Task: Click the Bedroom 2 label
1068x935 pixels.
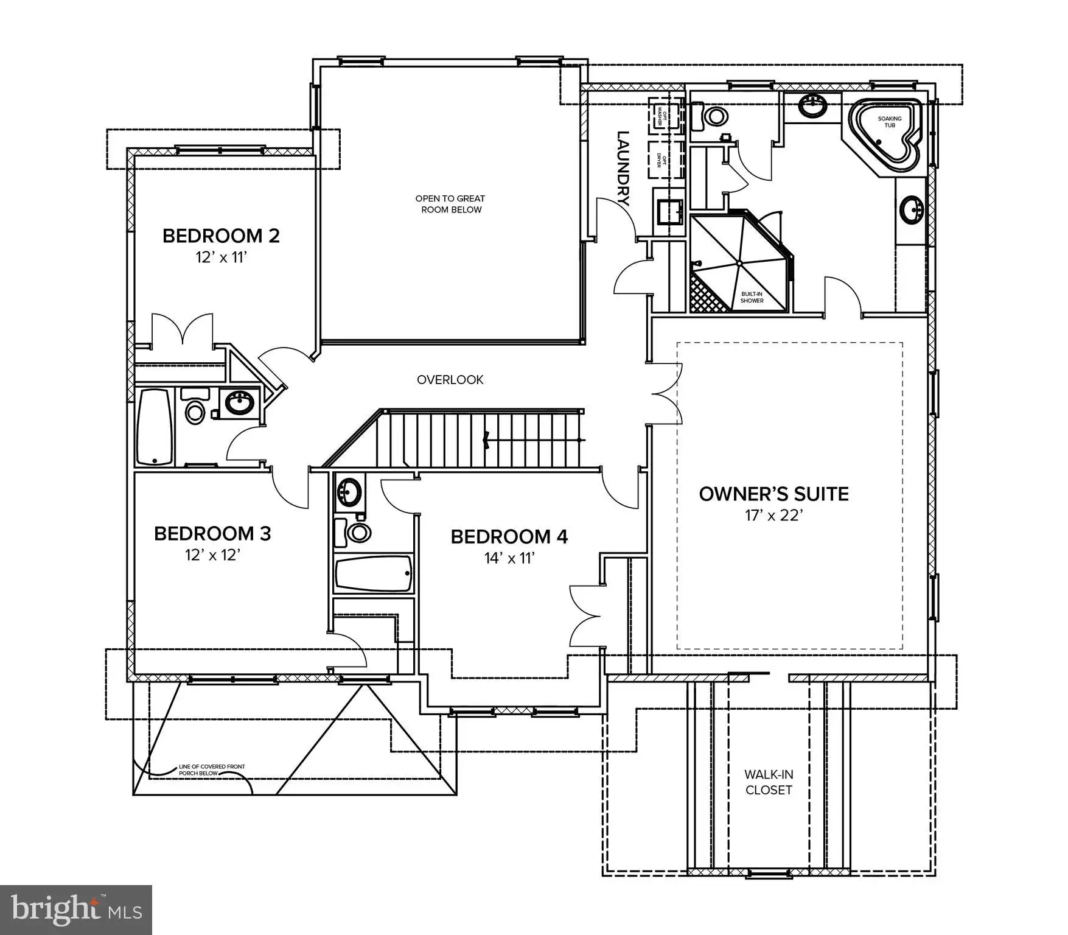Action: pos(221,236)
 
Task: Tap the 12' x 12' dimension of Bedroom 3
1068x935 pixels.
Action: pos(213,556)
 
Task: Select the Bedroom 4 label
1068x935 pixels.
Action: pos(509,537)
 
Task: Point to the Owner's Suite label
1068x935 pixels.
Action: pos(773,494)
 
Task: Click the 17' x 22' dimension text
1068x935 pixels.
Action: pos(774,516)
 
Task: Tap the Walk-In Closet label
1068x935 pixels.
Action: pos(769,782)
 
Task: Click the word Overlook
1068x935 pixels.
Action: pos(450,380)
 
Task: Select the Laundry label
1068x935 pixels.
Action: pos(623,169)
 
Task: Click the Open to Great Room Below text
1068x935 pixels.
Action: pos(450,204)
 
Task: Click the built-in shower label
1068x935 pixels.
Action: pos(752,297)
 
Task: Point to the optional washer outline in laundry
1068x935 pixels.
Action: pos(666,113)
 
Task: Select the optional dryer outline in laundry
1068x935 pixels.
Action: pos(666,159)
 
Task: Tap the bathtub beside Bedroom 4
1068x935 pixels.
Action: pos(374,573)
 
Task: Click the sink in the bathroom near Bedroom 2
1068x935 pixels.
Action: pos(240,403)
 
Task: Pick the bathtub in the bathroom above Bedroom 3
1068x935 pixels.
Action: pos(155,427)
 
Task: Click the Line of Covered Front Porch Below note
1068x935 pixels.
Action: pos(212,769)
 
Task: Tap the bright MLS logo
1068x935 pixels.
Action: pos(76,909)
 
